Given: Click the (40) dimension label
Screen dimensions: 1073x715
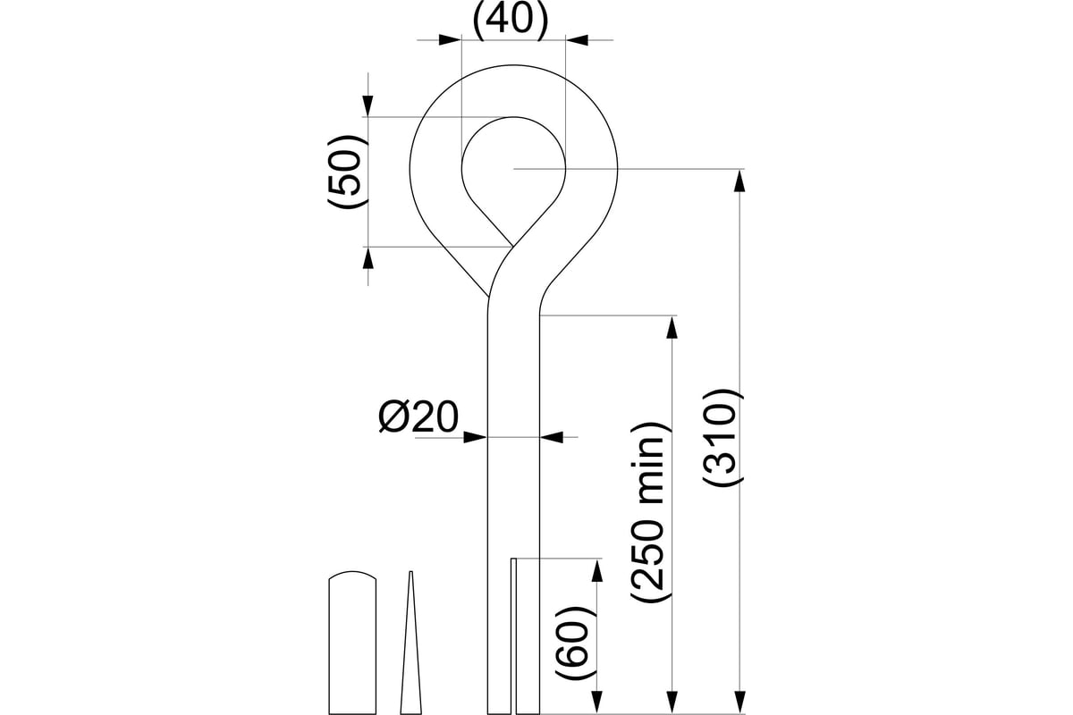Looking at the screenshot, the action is coord(511,21).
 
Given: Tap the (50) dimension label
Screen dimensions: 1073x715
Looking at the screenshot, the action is coord(347,172).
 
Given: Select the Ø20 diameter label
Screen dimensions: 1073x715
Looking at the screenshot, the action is coord(418,416).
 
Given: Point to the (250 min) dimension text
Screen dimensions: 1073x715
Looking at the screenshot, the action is coord(648,512).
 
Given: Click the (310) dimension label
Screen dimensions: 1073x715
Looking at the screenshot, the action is coord(722,438).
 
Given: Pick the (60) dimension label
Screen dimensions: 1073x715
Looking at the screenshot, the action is coord(575,643).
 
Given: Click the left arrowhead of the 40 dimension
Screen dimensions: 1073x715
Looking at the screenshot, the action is coord(450,39).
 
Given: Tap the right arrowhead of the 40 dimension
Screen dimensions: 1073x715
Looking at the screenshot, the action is coord(577,39).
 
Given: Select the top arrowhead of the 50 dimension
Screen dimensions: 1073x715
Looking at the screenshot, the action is coord(368,105).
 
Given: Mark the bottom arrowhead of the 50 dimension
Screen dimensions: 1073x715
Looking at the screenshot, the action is coord(368,258).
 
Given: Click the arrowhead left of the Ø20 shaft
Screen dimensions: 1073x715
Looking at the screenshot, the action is coord(476,437).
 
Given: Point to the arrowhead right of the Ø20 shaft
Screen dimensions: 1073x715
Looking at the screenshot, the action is coord(552,437).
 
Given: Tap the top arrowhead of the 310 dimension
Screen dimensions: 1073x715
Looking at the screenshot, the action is coord(740,181).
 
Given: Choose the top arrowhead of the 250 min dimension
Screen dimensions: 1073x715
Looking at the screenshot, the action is coord(672,327).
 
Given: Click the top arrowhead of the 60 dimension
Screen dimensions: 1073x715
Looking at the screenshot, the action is coord(597,570).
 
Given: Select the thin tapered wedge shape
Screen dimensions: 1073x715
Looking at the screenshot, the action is coord(410,643).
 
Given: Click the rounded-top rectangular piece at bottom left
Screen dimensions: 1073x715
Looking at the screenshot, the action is coord(352,643).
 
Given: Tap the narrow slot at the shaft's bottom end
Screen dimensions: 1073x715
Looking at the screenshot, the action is coord(513,636).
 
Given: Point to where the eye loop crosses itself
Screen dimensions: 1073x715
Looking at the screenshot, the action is coord(512,246).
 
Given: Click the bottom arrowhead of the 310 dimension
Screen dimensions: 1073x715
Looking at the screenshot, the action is coord(740,703).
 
